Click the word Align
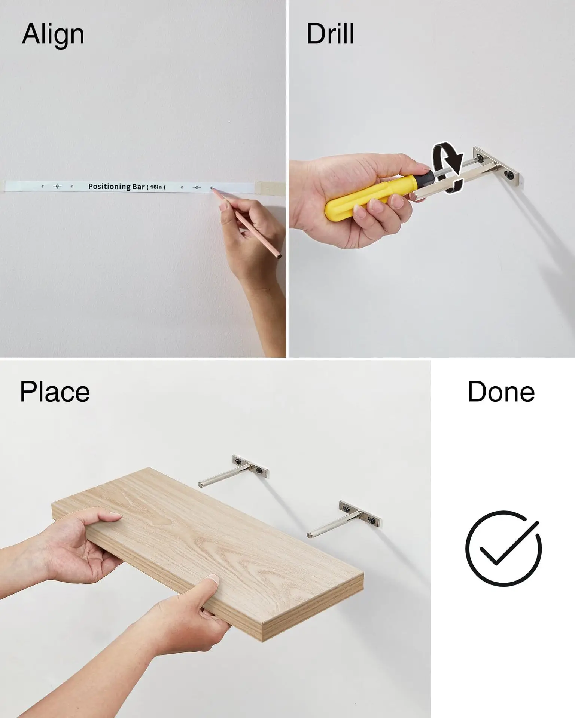click(53, 35)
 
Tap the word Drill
click(330, 34)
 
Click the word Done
click(501, 392)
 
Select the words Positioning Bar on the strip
click(116, 186)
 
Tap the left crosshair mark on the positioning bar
click(57, 186)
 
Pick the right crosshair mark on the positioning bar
click(197, 187)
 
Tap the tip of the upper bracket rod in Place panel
click(200, 485)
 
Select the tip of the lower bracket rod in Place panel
click(309, 536)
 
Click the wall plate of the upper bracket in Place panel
click(250, 466)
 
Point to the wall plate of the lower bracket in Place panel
click(360, 513)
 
